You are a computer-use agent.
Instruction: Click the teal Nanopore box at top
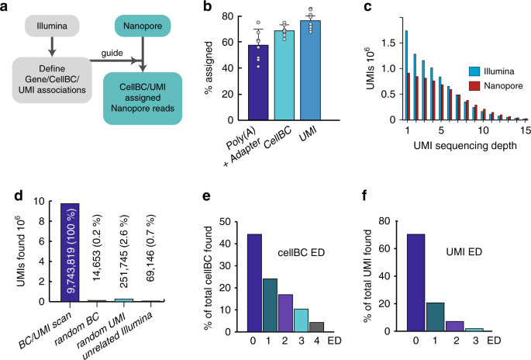click(144, 30)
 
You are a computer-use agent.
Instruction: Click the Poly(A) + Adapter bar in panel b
click(253, 88)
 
